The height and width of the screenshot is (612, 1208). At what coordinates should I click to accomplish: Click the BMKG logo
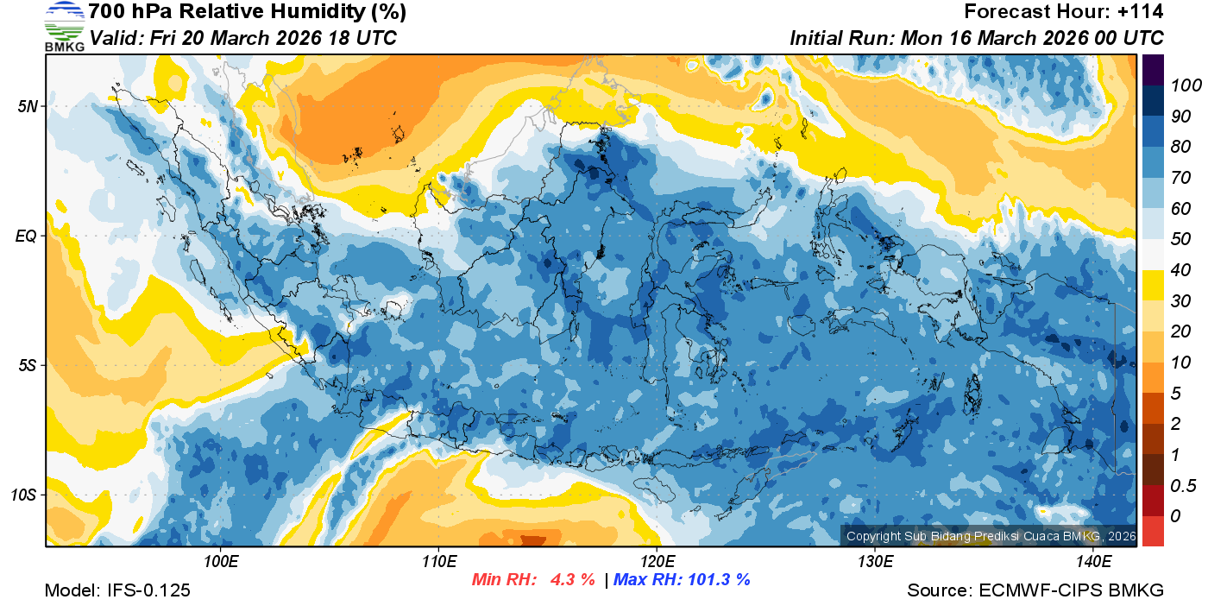coord(64,26)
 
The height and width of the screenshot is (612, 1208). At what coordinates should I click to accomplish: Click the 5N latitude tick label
coord(26,106)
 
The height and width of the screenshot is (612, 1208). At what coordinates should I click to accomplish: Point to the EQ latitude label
coord(26,236)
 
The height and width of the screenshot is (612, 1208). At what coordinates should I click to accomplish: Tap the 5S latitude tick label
coord(26,365)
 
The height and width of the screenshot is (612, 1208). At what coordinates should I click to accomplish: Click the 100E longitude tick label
coord(221,562)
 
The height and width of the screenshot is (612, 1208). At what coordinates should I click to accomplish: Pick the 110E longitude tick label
coord(439,562)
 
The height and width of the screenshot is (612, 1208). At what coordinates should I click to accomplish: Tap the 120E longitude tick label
coord(657,562)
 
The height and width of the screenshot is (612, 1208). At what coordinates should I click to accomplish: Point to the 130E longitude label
coord(875,562)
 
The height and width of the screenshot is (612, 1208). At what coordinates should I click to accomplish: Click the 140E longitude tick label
coord(1093,562)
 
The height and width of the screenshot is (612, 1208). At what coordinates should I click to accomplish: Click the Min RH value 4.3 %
coord(572,580)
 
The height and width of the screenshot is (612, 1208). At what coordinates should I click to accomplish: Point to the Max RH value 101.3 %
coord(717,580)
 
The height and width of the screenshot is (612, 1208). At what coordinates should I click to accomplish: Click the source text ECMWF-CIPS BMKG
coord(1072,590)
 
